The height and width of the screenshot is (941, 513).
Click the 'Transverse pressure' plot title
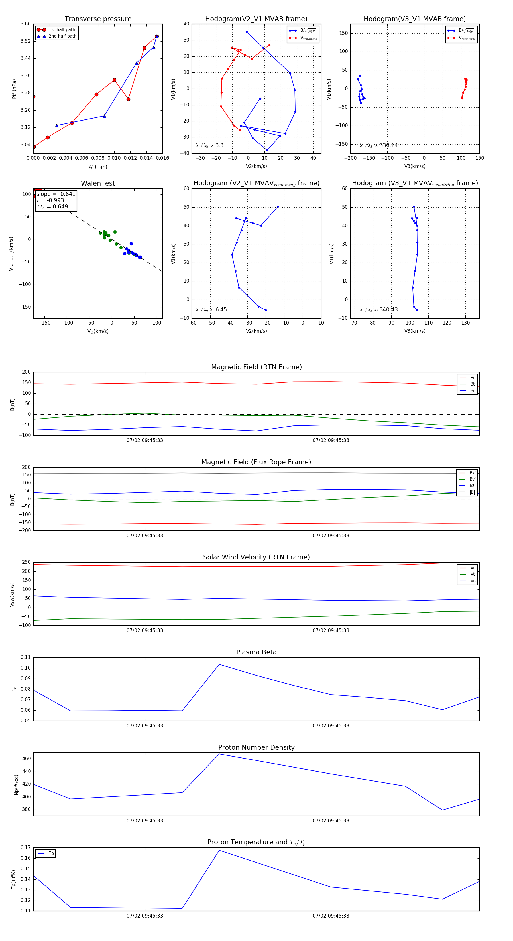click(98, 19)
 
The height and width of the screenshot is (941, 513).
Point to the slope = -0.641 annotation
click(56, 194)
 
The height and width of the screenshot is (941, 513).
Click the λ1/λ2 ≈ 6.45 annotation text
click(211, 310)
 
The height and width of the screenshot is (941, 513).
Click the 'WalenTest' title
click(98, 183)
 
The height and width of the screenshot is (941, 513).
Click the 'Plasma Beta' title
click(256, 652)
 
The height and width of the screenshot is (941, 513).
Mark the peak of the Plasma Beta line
click(219, 664)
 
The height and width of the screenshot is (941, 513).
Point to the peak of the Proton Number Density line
click(219, 754)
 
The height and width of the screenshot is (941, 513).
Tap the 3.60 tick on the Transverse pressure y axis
click(26, 24)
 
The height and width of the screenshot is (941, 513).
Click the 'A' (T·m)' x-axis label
click(98, 167)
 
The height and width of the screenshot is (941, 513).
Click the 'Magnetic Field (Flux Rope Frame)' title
click(256, 462)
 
